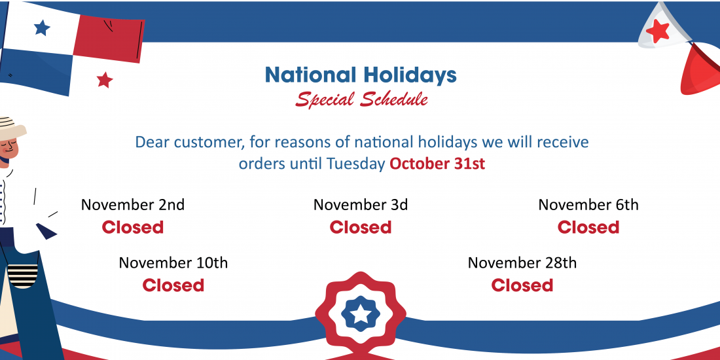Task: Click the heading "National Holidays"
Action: coord(361,76)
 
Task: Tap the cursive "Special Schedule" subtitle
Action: coord(361,99)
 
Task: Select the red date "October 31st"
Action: coord(437,164)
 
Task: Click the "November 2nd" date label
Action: coord(133,204)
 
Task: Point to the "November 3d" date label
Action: coord(361,204)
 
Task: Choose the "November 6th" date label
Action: coord(588,204)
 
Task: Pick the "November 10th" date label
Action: coord(173,262)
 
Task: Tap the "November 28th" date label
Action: coord(522,262)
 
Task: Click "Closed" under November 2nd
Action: coord(133,227)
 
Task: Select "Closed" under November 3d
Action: coord(361,227)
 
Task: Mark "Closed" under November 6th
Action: coord(588,227)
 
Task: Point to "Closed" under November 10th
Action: coord(173,285)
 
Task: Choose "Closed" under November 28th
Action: coord(522,285)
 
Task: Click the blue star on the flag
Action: coord(42,27)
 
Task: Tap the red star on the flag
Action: coord(105,80)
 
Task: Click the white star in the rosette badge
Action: coord(361,315)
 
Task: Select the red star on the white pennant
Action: coord(658,31)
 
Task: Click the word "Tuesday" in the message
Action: coord(356,164)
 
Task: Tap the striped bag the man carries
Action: coord(22,276)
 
